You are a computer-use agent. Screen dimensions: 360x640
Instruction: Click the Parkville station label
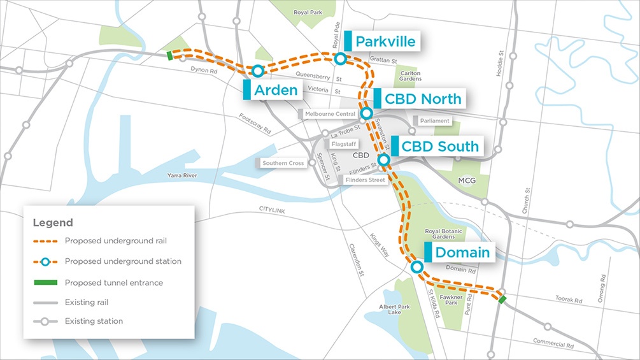[385, 42]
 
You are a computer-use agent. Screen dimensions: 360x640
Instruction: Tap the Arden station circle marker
[257, 70]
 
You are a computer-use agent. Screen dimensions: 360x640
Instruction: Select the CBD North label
[423, 99]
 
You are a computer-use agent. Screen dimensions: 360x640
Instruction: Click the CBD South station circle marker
[384, 159]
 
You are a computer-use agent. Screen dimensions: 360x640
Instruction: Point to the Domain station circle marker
[416, 267]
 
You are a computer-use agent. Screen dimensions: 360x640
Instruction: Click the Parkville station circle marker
[340, 59]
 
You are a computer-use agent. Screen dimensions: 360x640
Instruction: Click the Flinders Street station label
[365, 180]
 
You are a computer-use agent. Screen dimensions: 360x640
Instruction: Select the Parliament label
[435, 120]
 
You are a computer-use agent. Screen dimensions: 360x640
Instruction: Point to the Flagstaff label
[344, 144]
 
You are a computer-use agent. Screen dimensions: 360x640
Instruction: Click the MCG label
[467, 181]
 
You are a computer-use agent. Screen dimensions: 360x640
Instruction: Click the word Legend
[53, 223]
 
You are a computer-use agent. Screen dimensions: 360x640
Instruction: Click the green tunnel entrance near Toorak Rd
[502, 299]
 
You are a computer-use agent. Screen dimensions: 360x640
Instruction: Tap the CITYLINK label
[275, 209]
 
